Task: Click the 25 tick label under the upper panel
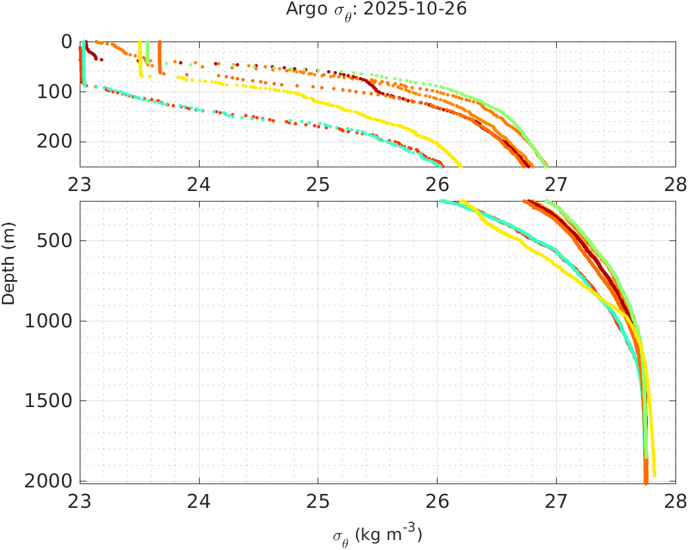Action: point(318,185)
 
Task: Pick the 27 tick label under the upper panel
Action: point(556,185)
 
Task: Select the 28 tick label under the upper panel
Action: point(675,185)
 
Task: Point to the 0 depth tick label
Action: point(67,41)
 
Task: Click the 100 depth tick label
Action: point(54,92)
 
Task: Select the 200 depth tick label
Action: point(54,142)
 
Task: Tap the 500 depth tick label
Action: point(54,240)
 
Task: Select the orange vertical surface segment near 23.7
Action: point(160,57)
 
